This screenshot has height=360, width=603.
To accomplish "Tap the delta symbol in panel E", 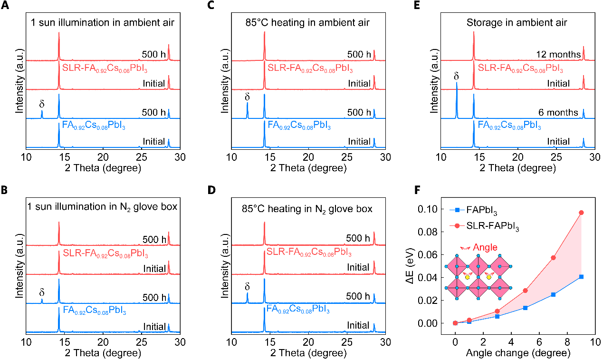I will [457, 76].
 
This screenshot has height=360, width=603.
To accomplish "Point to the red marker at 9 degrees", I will [581, 213].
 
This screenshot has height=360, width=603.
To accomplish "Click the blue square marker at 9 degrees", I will [581, 277].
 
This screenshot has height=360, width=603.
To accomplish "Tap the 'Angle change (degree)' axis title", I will [518, 353].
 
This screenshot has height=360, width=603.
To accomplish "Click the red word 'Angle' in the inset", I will [486, 247].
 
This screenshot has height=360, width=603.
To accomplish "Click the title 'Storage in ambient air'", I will [517, 22].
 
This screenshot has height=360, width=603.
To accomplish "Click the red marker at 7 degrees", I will [553, 258].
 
